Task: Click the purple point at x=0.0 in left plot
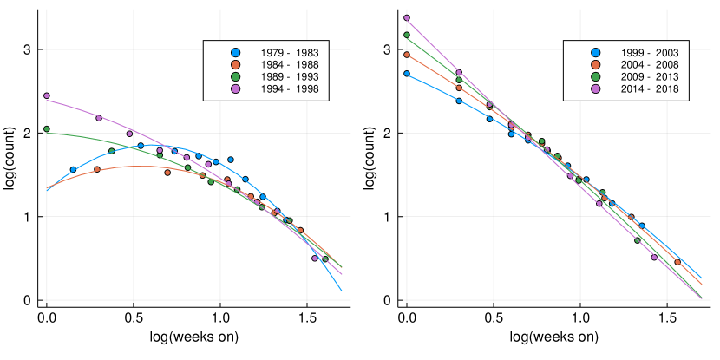coord(47,95)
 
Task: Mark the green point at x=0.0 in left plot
coord(47,128)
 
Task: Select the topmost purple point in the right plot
coord(407,18)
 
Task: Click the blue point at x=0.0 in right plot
coord(407,74)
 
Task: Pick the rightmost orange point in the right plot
coord(677,262)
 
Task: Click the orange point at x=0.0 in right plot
coord(407,55)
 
